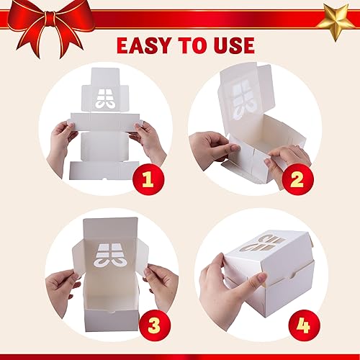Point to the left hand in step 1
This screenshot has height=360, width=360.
coord(61,140)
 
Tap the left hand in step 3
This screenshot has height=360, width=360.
coord(60,284)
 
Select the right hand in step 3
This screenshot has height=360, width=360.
coord(161,281)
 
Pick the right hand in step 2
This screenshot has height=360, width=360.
coord(288,162)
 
